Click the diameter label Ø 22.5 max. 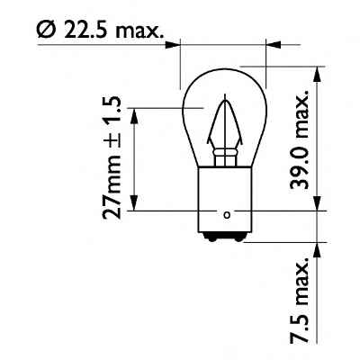(x=100, y=32)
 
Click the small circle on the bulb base (x=227, y=214)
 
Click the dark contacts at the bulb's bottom (x=226, y=236)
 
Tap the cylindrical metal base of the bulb (x=226, y=198)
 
